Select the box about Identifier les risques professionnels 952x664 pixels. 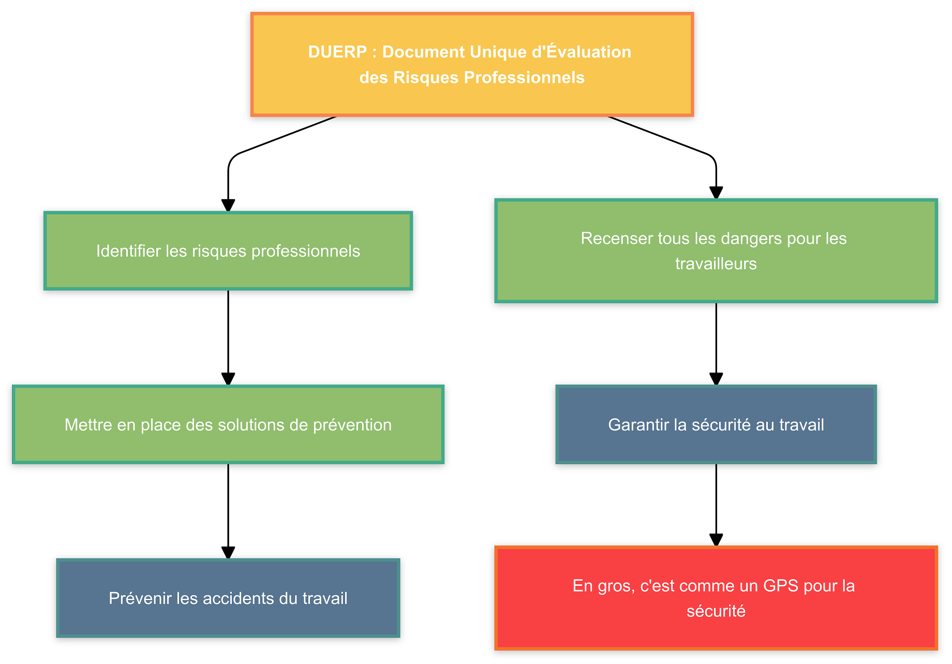[x=228, y=251]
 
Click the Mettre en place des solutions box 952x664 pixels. [x=228, y=425]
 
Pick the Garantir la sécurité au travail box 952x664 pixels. [x=716, y=425]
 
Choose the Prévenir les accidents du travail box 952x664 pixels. [x=228, y=598]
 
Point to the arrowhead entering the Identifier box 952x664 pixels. [x=228, y=206]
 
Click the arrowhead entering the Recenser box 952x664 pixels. [x=716, y=193]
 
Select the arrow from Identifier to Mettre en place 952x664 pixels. [x=228, y=336]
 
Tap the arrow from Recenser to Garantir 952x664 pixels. [x=716, y=342]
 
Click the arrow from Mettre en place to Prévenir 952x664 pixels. [x=228, y=510]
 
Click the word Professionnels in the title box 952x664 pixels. [x=524, y=78]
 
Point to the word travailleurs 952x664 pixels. [x=716, y=264]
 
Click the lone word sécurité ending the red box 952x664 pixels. [x=716, y=611]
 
